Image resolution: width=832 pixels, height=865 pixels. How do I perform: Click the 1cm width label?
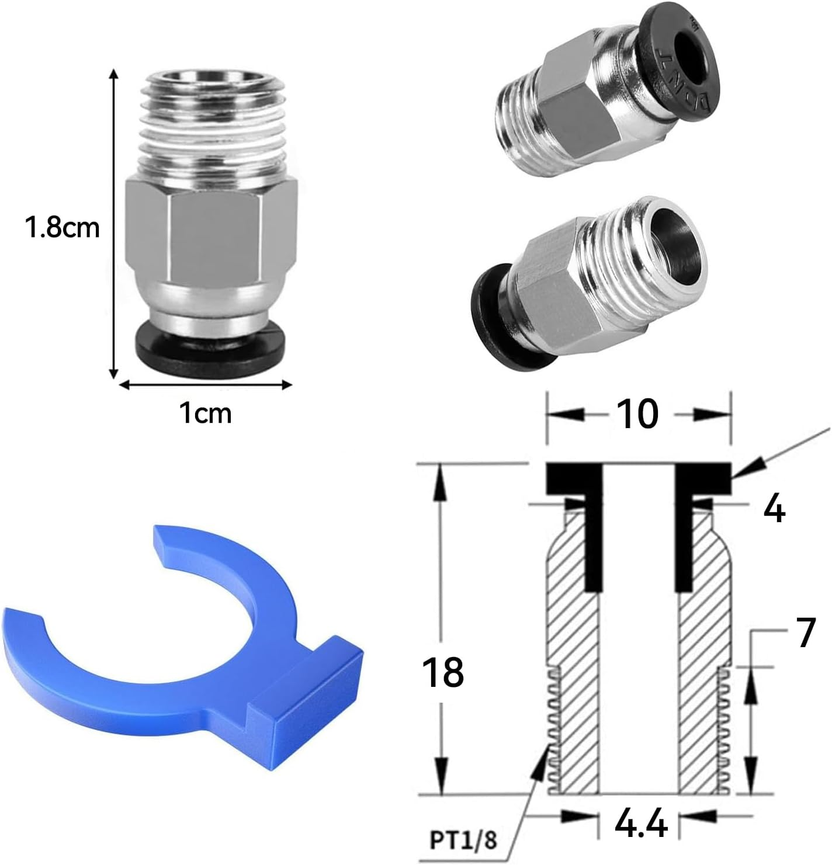(205, 414)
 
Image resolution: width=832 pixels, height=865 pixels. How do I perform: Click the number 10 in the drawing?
(637, 414)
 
